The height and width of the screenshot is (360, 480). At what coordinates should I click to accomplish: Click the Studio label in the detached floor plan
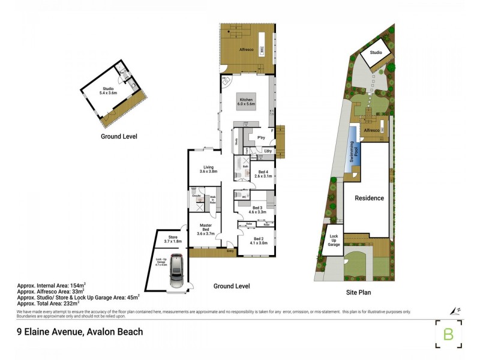click(107, 91)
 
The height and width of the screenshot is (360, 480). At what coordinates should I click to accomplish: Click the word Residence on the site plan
click(368, 198)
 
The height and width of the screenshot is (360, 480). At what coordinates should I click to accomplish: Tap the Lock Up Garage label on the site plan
click(334, 241)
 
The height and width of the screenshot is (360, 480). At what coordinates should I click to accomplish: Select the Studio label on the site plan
click(376, 53)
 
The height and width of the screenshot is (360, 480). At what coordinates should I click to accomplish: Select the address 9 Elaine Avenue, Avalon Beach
click(80, 331)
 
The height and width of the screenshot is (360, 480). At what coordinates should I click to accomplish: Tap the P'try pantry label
click(261, 138)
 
